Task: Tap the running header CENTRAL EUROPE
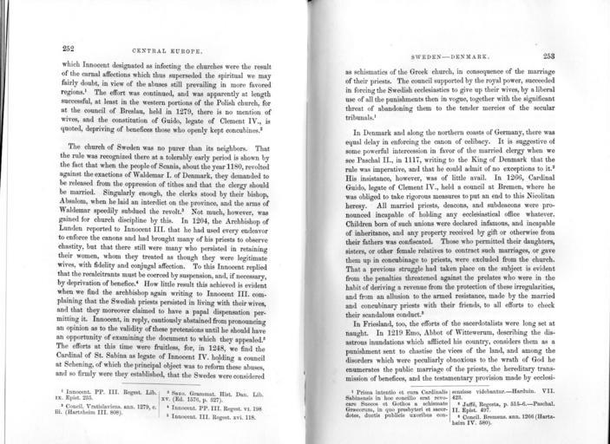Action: [x=165, y=49]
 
